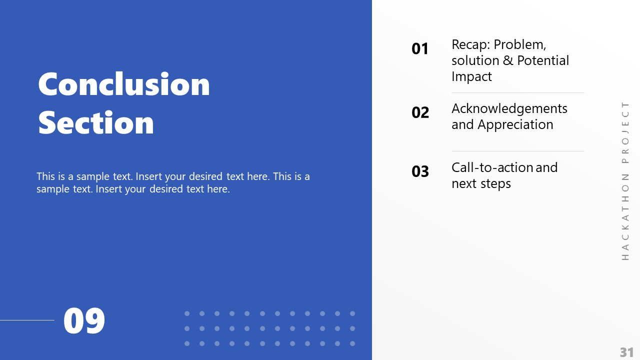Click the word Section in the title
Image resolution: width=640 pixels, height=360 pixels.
[96, 122]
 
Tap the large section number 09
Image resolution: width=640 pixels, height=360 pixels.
[84, 321]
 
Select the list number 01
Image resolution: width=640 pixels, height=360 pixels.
[420, 48]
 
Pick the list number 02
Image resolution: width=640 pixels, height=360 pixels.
[420, 112]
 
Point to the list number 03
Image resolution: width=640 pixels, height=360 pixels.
[420, 171]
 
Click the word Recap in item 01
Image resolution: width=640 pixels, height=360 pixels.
[469, 44]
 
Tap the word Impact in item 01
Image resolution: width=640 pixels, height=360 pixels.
[471, 76]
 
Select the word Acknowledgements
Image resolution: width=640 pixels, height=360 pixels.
[509, 108]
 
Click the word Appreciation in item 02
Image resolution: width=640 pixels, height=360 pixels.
[515, 124]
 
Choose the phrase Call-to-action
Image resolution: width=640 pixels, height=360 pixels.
[492, 167]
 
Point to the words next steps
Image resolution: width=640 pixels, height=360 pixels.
[481, 183]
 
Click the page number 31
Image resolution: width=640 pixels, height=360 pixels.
[626, 352]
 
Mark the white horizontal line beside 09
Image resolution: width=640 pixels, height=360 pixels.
[27, 320]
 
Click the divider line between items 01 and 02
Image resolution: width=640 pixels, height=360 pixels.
[517, 92]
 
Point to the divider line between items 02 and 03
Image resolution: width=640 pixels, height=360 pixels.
[517, 151]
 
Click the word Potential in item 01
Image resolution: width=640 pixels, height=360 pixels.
[543, 60]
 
